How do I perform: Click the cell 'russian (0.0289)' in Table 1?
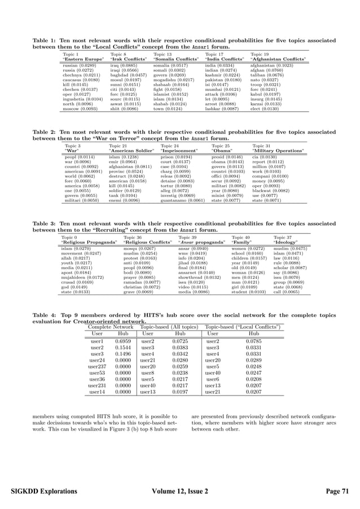80,65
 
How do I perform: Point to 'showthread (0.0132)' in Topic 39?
199,278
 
